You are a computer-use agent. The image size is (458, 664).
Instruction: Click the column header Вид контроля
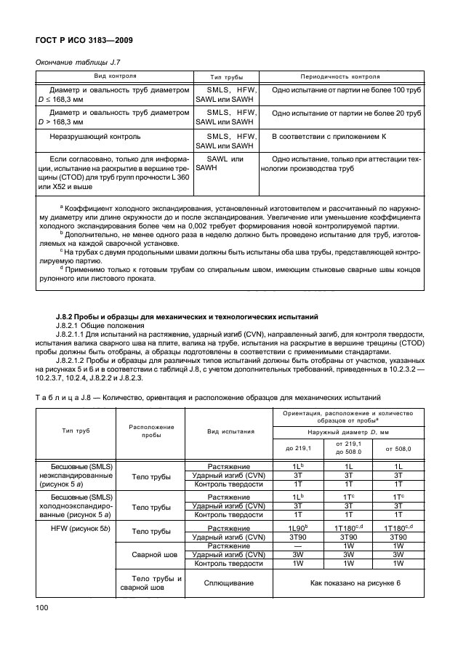coord(114,76)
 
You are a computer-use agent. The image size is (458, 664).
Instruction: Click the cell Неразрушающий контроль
coord(95,136)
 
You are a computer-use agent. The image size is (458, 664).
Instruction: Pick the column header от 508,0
coord(398,448)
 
